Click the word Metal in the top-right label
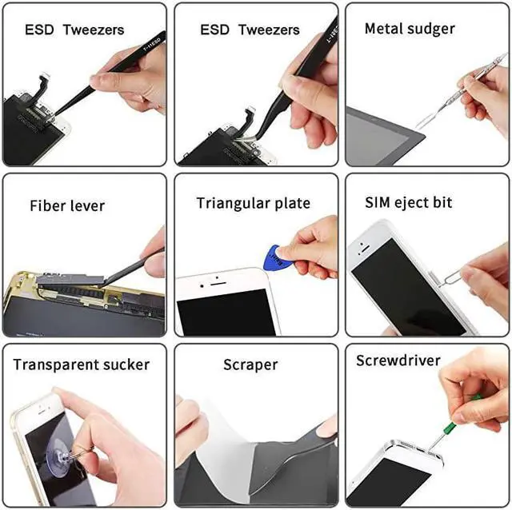pyautogui.click(x=383, y=29)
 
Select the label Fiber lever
pyautogui.click(x=67, y=205)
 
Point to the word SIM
pyautogui.click(x=379, y=202)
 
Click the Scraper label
pyautogui.click(x=250, y=365)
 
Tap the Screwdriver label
pyautogui.click(x=398, y=361)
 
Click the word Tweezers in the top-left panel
pyautogui.click(x=94, y=30)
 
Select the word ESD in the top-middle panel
pyautogui.click(x=214, y=30)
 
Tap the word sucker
pyautogui.click(x=127, y=365)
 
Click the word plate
pyautogui.click(x=291, y=204)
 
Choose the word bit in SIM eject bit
pyautogui.click(x=442, y=202)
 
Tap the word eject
pyautogui.click(x=411, y=203)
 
